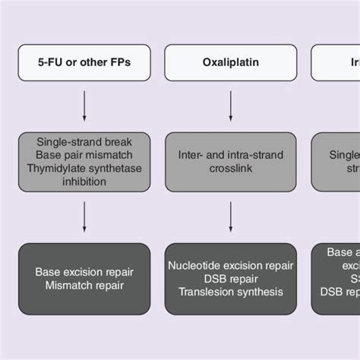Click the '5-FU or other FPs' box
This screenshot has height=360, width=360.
84,62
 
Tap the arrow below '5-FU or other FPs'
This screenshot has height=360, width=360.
84,106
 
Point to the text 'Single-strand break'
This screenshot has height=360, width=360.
84,142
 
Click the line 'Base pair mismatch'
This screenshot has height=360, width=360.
84,155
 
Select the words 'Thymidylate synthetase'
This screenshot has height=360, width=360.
84,169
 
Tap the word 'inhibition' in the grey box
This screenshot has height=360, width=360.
84,182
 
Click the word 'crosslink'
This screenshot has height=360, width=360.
230,169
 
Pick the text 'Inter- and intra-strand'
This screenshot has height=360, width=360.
230,155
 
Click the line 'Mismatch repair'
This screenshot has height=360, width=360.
84,286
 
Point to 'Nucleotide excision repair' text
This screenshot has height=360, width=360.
230,265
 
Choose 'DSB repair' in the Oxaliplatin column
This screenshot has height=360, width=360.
230,278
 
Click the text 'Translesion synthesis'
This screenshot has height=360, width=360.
230,292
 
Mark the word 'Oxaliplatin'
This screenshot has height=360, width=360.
230,62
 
